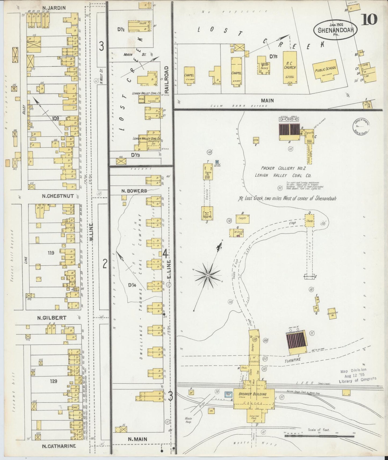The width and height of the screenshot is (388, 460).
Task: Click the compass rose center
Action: (208, 275)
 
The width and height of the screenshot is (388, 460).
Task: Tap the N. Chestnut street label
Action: (57, 196)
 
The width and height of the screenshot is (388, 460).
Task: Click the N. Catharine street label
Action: (59, 446)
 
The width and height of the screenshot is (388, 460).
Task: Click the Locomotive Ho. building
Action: (332, 313)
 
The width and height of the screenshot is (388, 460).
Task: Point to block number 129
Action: (54, 381)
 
